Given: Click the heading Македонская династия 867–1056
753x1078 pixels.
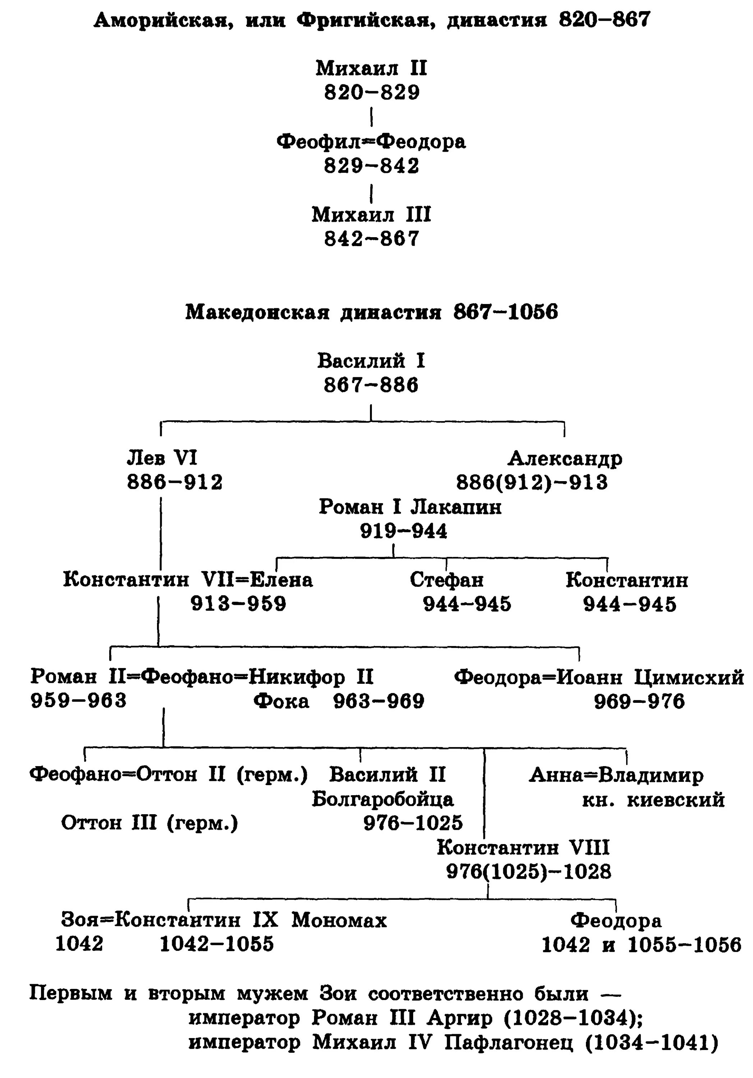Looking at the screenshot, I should click(x=371, y=312).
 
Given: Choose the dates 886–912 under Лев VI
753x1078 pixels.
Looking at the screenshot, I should click(x=175, y=482).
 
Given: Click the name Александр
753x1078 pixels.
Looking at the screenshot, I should click(x=565, y=458).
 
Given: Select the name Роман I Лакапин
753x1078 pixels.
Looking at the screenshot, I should click(x=410, y=507).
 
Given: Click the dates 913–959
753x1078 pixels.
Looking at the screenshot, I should click(x=238, y=604).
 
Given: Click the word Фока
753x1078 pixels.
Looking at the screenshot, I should click(x=281, y=701).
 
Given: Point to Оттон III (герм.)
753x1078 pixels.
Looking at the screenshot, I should click(x=149, y=823).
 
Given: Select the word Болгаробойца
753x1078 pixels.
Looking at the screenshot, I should click(x=382, y=799).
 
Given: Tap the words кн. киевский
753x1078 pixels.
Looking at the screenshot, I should click(x=653, y=799).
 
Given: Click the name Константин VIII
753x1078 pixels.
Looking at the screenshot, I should click(x=523, y=847).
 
